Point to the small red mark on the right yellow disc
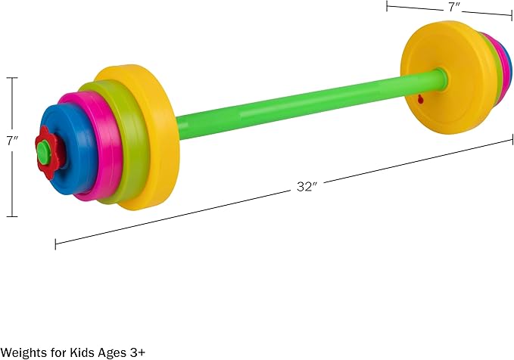click(x=419, y=99)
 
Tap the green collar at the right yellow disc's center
click(x=441, y=76)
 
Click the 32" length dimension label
click(x=306, y=187)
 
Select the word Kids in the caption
click(x=79, y=352)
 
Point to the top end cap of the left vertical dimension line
click(x=11, y=77)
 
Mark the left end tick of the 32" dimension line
click(x=56, y=244)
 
